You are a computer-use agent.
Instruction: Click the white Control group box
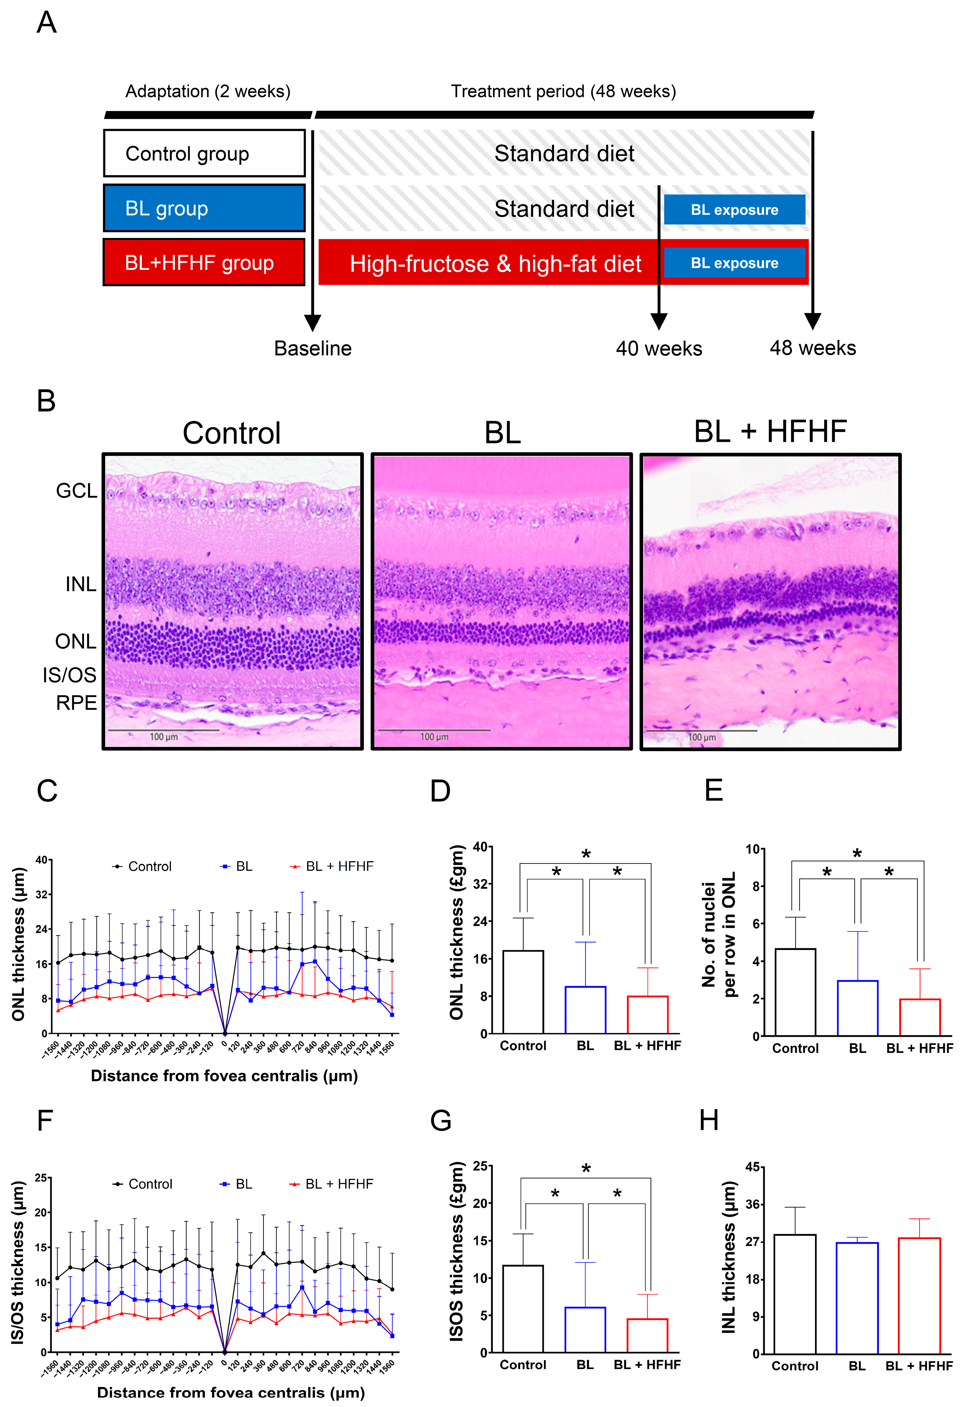pyautogui.click(x=204, y=153)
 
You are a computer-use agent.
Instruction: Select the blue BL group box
pyautogui.click(x=204, y=208)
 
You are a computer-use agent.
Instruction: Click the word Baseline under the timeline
pyautogui.click(x=313, y=349)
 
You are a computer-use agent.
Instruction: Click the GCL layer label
pyautogui.click(x=76, y=490)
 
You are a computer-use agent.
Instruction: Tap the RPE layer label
pyautogui.click(x=76, y=703)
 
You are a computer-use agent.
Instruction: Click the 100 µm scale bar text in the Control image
pyautogui.click(x=163, y=737)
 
